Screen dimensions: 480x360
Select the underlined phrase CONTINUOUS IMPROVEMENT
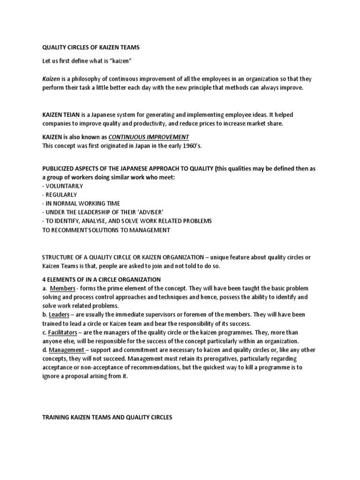pyautogui.click(x=149, y=137)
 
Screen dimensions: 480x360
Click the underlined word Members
pyautogui.click(x=62, y=288)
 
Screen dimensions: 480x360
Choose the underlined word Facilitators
pyautogui.click(x=65, y=332)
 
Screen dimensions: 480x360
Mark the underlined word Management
pyautogui.click(x=67, y=350)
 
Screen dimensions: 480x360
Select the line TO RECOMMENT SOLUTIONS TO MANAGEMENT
pyautogui.click(x=106, y=230)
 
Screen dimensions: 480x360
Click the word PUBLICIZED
pyautogui.click(x=60, y=168)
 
